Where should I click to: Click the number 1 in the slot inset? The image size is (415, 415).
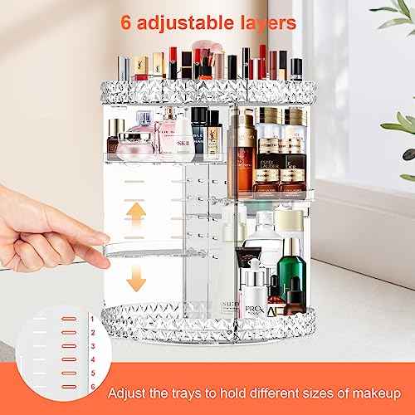pos(91,319)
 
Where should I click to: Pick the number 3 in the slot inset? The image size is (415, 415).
pos(91,346)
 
